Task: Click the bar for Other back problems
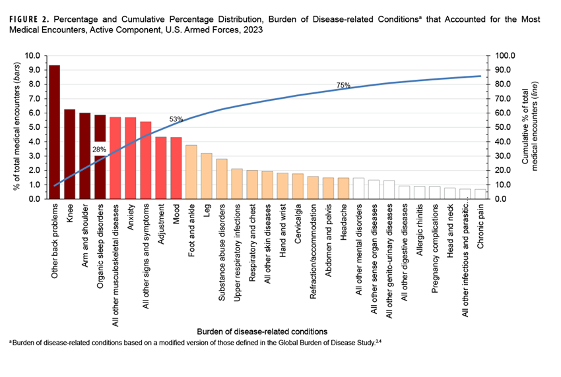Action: click(x=54, y=132)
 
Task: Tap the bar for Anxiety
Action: click(x=130, y=158)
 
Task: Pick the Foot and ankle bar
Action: click(x=191, y=171)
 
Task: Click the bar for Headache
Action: click(x=343, y=188)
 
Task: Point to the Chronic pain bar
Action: click(x=480, y=194)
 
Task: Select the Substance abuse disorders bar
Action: click(x=221, y=179)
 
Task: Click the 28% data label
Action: click(x=100, y=150)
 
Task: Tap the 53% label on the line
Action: click(x=176, y=119)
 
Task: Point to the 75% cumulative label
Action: click(x=343, y=85)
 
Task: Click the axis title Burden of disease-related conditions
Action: click(x=261, y=330)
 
